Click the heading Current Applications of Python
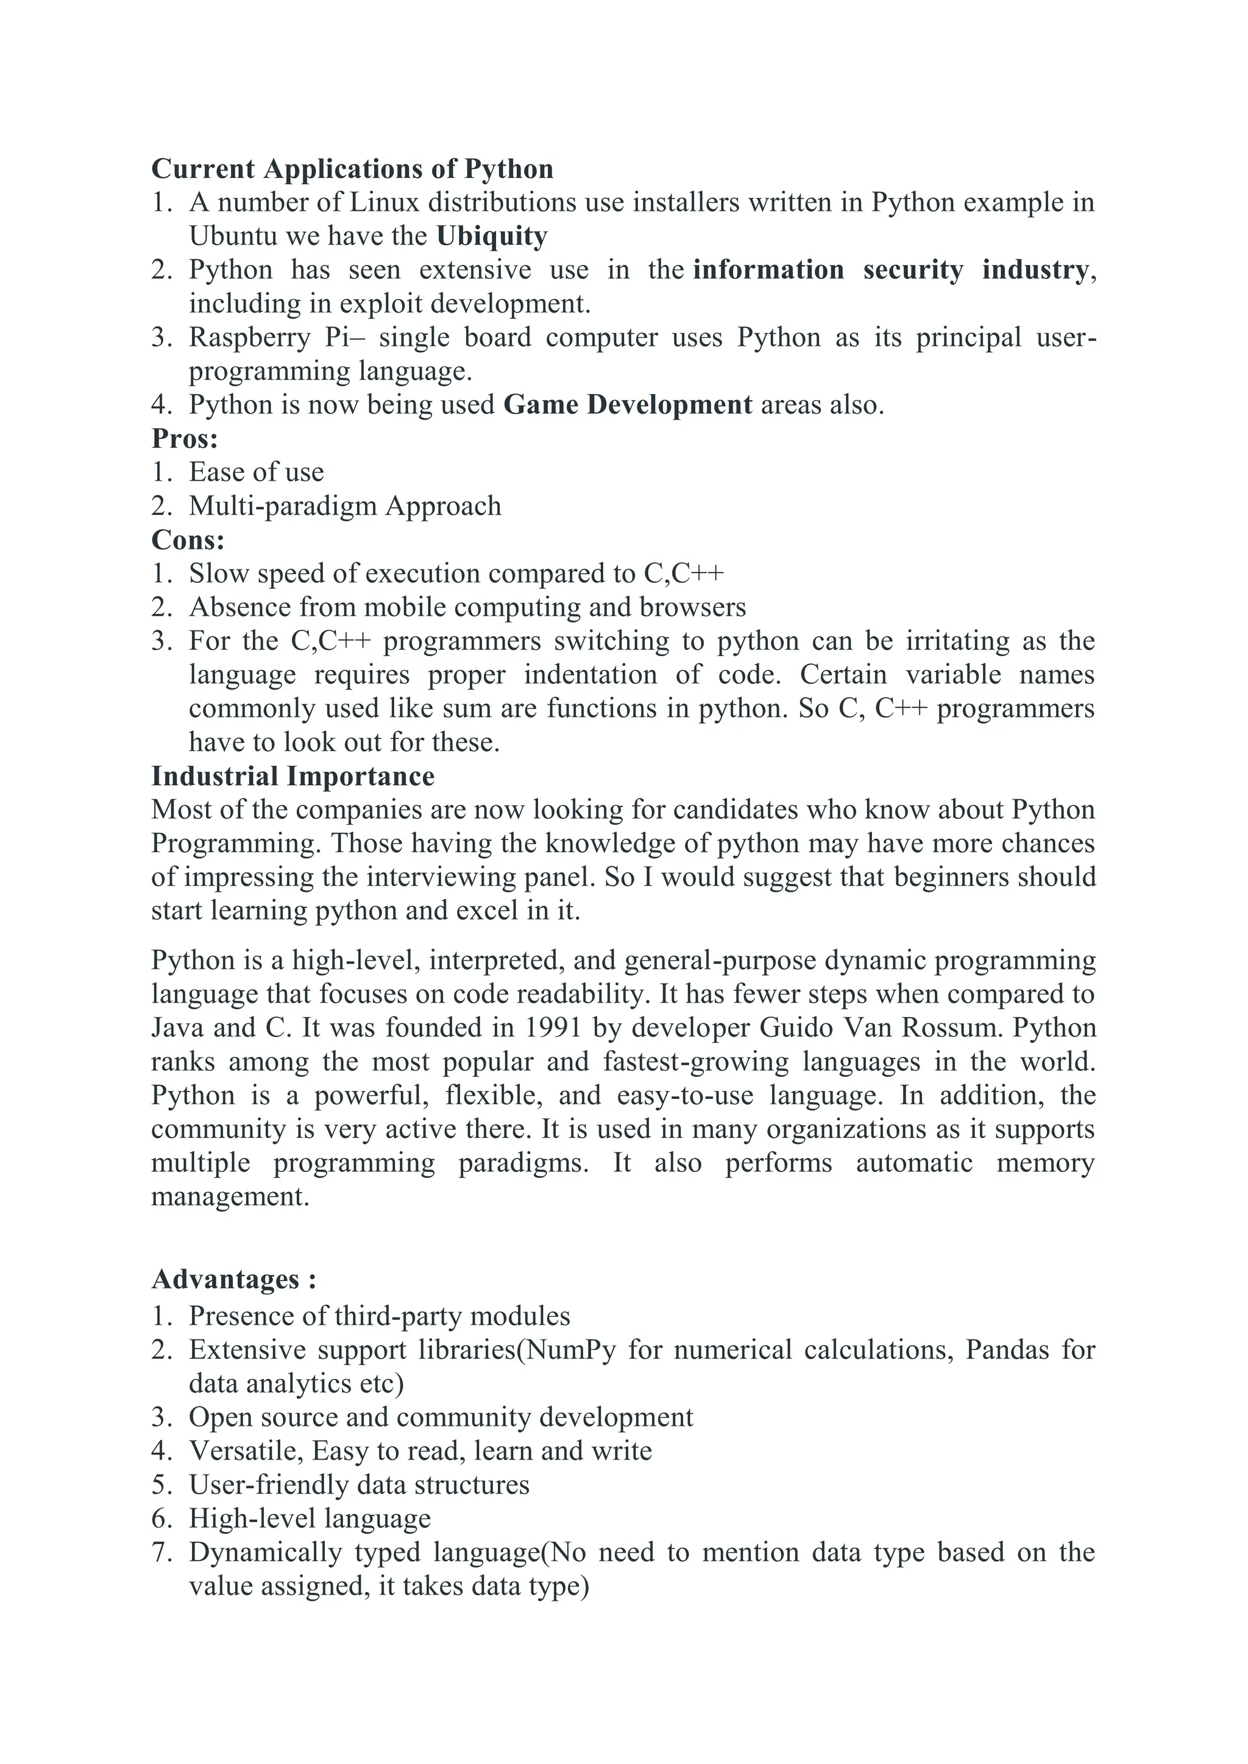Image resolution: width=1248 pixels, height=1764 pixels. click(x=352, y=169)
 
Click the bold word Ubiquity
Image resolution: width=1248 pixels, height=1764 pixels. click(x=492, y=236)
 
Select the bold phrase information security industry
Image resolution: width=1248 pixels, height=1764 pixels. click(x=890, y=270)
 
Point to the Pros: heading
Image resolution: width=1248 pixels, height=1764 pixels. click(x=185, y=439)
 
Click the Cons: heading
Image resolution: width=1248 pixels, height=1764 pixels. click(x=188, y=540)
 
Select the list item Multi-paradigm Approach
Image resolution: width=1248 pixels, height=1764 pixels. click(x=345, y=506)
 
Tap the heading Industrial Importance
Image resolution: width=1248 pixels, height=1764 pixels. click(x=292, y=776)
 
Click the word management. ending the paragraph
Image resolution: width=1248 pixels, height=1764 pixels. click(x=230, y=1197)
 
